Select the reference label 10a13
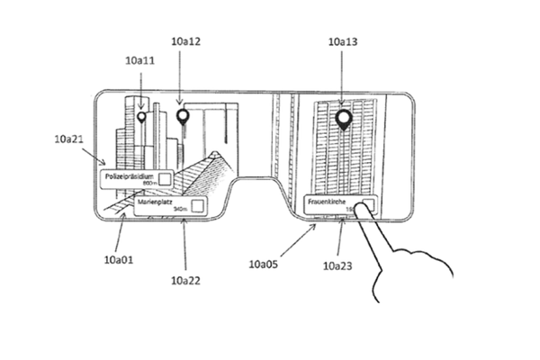(x=343, y=42)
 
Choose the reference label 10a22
(x=184, y=280)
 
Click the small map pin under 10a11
(x=140, y=117)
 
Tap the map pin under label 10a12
(x=183, y=115)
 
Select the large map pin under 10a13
(x=343, y=118)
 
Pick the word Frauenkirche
(x=327, y=203)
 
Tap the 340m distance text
(x=180, y=211)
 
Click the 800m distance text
(x=149, y=183)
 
